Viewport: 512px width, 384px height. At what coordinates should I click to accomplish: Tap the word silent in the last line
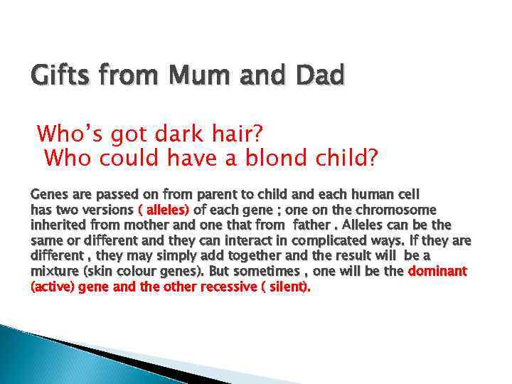coord(292,287)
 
